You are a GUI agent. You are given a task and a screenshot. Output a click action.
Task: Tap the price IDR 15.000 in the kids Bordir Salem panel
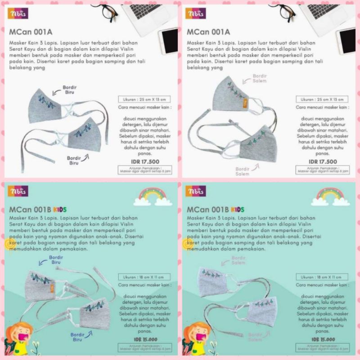click(x=324, y=338)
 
